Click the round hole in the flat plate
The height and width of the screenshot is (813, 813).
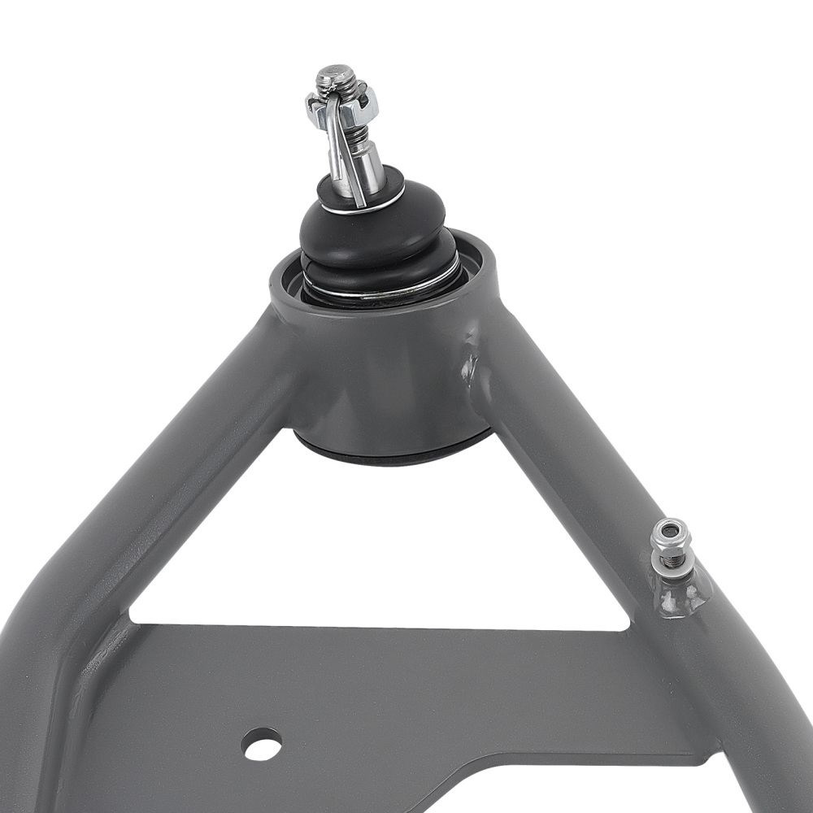pos(263,743)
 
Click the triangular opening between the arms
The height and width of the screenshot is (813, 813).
pos(382,553)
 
